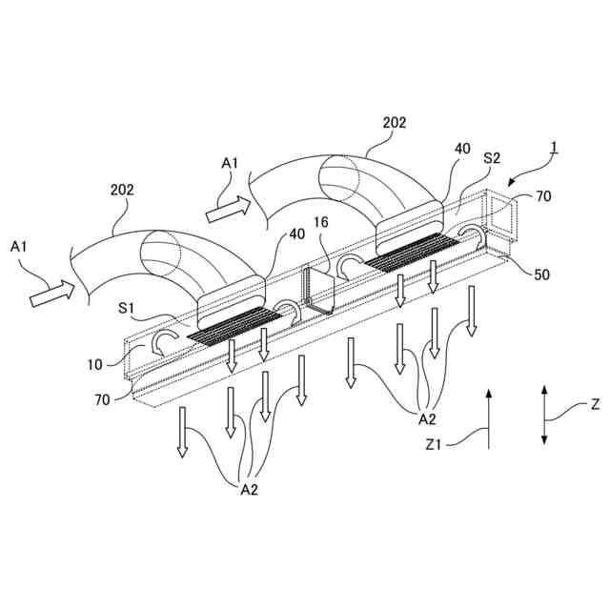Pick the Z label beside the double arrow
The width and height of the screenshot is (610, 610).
click(x=595, y=404)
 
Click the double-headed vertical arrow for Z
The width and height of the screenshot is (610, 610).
click(x=543, y=414)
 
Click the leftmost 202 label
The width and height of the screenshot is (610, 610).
click(x=122, y=190)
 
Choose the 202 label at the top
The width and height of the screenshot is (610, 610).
click(x=394, y=122)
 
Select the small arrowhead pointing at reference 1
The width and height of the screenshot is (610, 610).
click(x=515, y=181)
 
